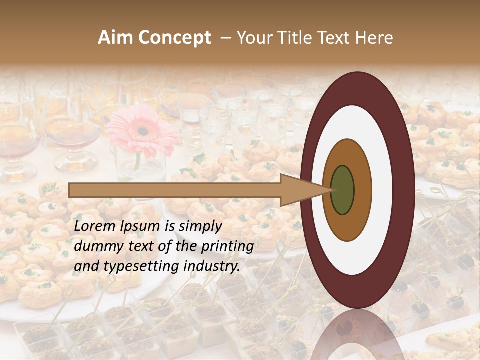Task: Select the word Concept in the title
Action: pyautogui.click(x=174, y=38)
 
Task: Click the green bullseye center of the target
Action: pyautogui.click(x=342, y=190)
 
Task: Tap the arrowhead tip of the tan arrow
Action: pyautogui.click(x=331, y=190)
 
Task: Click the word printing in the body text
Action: pyautogui.click(x=229, y=247)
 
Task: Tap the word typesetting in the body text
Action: pyautogui.click(x=132, y=267)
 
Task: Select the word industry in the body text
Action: pyautogui.click(x=209, y=267)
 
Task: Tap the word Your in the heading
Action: pyautogui.click(x=253, y=38)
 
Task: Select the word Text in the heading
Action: pyautogui.click(x=337, y=38)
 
